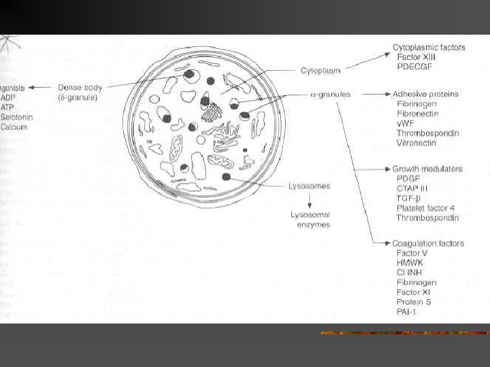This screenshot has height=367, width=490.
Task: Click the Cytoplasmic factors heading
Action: coord(429,48)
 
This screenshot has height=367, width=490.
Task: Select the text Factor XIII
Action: coord(416,57)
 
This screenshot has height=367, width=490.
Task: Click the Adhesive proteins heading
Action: coord(425,94)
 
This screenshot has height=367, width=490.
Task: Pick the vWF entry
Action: coord(406,123)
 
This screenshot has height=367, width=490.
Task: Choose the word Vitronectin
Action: coord(418,143)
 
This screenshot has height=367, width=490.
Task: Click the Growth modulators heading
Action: coord(427,169)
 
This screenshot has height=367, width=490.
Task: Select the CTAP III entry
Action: coord(413,188)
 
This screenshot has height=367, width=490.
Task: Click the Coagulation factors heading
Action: coord(428,243)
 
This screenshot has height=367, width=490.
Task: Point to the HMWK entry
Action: coord(409,262)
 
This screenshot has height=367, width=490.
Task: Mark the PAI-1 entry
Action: coord(406,311)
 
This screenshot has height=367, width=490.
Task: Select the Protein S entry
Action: coord(414,302)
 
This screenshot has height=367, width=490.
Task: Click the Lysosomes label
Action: coord(310,186)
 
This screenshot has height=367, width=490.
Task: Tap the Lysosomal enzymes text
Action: coord(310,220)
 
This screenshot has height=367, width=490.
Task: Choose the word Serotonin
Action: coord(17,117)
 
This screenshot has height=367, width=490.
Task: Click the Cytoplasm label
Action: coord(321,70)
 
